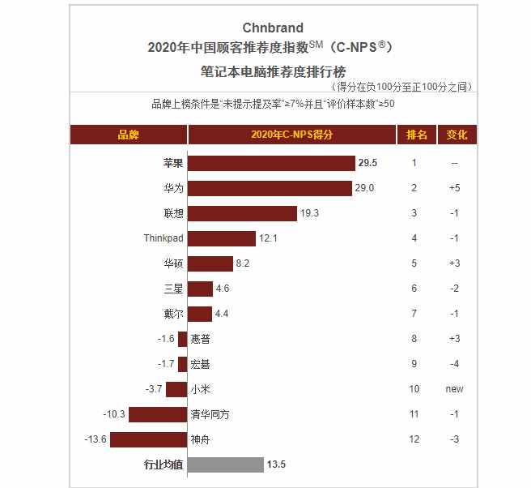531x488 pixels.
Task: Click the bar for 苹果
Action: [x=271, y=163]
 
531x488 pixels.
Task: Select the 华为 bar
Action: [x=270, y=188]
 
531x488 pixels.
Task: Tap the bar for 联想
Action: [x=243, y=213]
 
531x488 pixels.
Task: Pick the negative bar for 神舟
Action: [x=149, y=440]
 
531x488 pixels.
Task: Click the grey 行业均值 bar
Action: [x=226, y=465]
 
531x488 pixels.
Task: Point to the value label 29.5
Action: [x=367, y=163]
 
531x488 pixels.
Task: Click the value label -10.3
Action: [x=114, y=415]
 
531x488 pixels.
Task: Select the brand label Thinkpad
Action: [x=164, y=238]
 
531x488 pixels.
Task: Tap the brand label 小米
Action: [x=202, y=390]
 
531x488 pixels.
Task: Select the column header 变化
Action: [x=457, y=135]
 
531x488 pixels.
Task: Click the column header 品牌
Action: [x=129, y=135]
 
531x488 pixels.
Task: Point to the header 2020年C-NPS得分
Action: [x=292, y=135]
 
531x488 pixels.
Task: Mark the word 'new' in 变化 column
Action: [x=454, y=390]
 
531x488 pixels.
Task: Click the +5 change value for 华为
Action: [x=454, y=188]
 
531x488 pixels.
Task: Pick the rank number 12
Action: [x=414, y=440]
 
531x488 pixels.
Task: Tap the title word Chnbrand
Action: [x=274, y=28]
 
